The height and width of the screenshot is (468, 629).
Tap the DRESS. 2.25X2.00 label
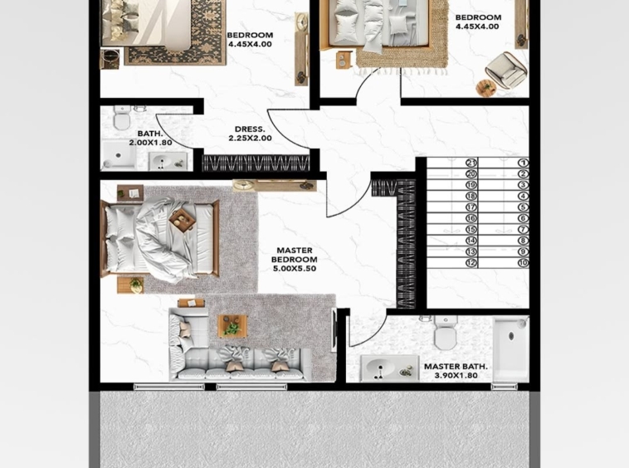tap(250, 134)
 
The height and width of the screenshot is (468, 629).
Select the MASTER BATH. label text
tap(456, 367)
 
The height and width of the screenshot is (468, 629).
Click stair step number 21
tap(471, 163)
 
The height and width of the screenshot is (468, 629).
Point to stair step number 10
tap(523, 263)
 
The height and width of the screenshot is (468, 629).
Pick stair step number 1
tap(523, 163)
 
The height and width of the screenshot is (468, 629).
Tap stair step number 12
tap(471, 263)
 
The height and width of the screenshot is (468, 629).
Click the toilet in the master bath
tap(446, 333)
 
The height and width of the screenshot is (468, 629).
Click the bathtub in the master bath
tap(510, 349)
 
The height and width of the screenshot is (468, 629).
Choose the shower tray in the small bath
tap(118, 154)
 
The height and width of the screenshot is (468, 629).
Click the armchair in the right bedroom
tap(505, 70)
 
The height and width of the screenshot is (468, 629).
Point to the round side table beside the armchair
tap(486, 88)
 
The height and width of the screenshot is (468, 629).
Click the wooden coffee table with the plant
tap(232, 326)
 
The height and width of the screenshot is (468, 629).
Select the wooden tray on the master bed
tap(182, 220)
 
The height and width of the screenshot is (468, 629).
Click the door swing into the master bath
tap(373, 336)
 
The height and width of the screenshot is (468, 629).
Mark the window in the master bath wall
tap(505, 387)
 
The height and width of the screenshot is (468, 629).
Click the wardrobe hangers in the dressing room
tap(256, 163)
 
